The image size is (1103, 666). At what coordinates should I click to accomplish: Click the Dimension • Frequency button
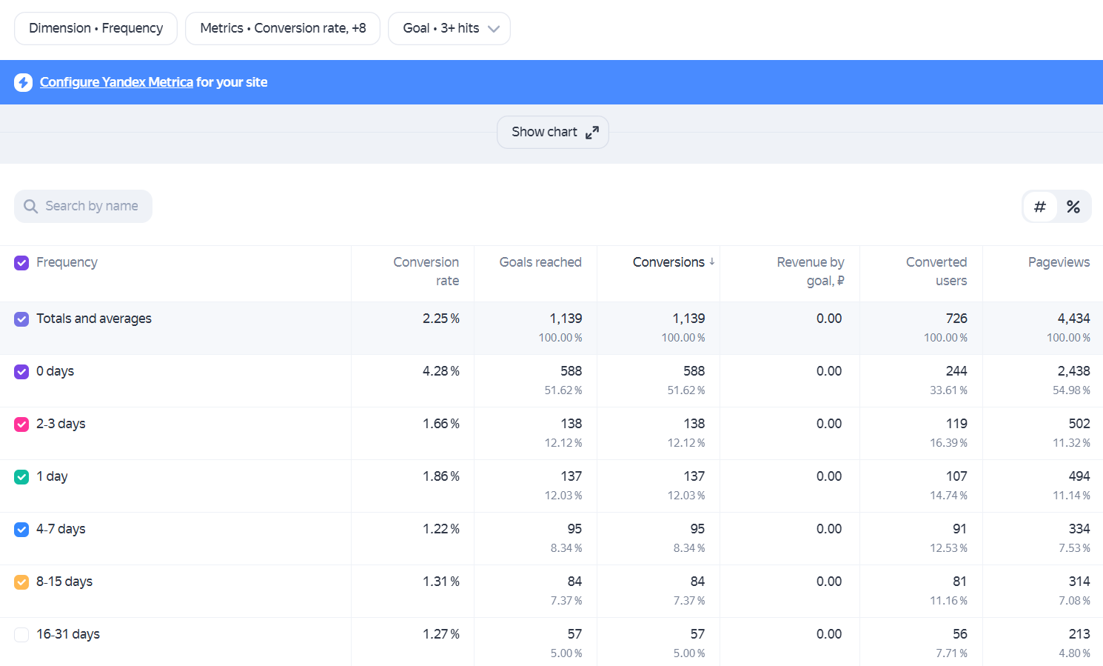pos(95,29)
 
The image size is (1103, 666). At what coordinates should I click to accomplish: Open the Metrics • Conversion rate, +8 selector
pos(283,29)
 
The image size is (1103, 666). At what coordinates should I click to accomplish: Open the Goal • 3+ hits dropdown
pos(449,29)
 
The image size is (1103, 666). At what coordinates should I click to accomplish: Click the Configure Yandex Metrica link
pos(116,82)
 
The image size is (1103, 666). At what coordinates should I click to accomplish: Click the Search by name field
pos(83,206)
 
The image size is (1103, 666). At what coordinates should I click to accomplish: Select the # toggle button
pos(1040,207)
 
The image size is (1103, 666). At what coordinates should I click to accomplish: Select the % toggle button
pos(1073,207)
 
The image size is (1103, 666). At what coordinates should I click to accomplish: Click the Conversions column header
pos(668,262)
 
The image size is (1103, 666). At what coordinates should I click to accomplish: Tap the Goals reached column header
pos(540,262)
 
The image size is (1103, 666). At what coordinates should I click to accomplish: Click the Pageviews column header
pos(1059,262)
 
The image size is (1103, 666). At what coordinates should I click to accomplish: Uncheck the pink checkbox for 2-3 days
pos(21,424)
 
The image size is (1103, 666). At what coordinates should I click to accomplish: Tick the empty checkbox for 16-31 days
pos(21,634)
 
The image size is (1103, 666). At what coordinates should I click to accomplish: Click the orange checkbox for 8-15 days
pos(21,582)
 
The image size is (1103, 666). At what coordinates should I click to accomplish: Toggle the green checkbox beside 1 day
pos(21,477)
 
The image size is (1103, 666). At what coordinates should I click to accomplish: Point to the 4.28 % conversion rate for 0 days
pos(440,371)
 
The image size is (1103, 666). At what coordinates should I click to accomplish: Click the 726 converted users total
pos(956,319)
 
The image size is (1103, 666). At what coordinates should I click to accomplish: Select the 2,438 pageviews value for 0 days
pos(1073,371)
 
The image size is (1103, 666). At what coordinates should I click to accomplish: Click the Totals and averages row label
pos(94,319)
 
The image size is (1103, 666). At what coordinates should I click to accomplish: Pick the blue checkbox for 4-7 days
pos(21,530)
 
